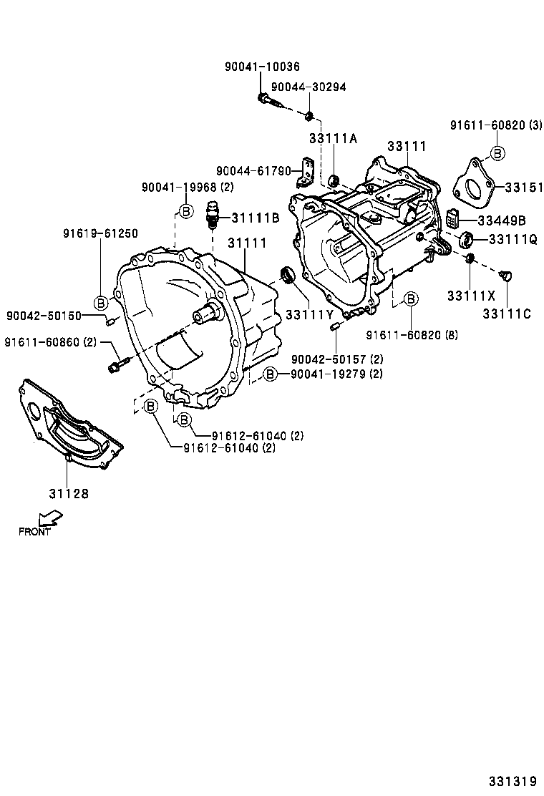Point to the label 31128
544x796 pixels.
point(69,493)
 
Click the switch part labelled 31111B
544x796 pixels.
point(211,213)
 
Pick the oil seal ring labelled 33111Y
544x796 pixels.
point(288,274)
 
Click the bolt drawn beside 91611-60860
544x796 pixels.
point(117,364)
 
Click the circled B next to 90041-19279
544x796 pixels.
point(269,374)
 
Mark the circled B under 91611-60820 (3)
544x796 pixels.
point(496,152)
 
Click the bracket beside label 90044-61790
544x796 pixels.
point(308,173)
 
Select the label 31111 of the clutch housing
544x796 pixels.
point(247,243)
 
